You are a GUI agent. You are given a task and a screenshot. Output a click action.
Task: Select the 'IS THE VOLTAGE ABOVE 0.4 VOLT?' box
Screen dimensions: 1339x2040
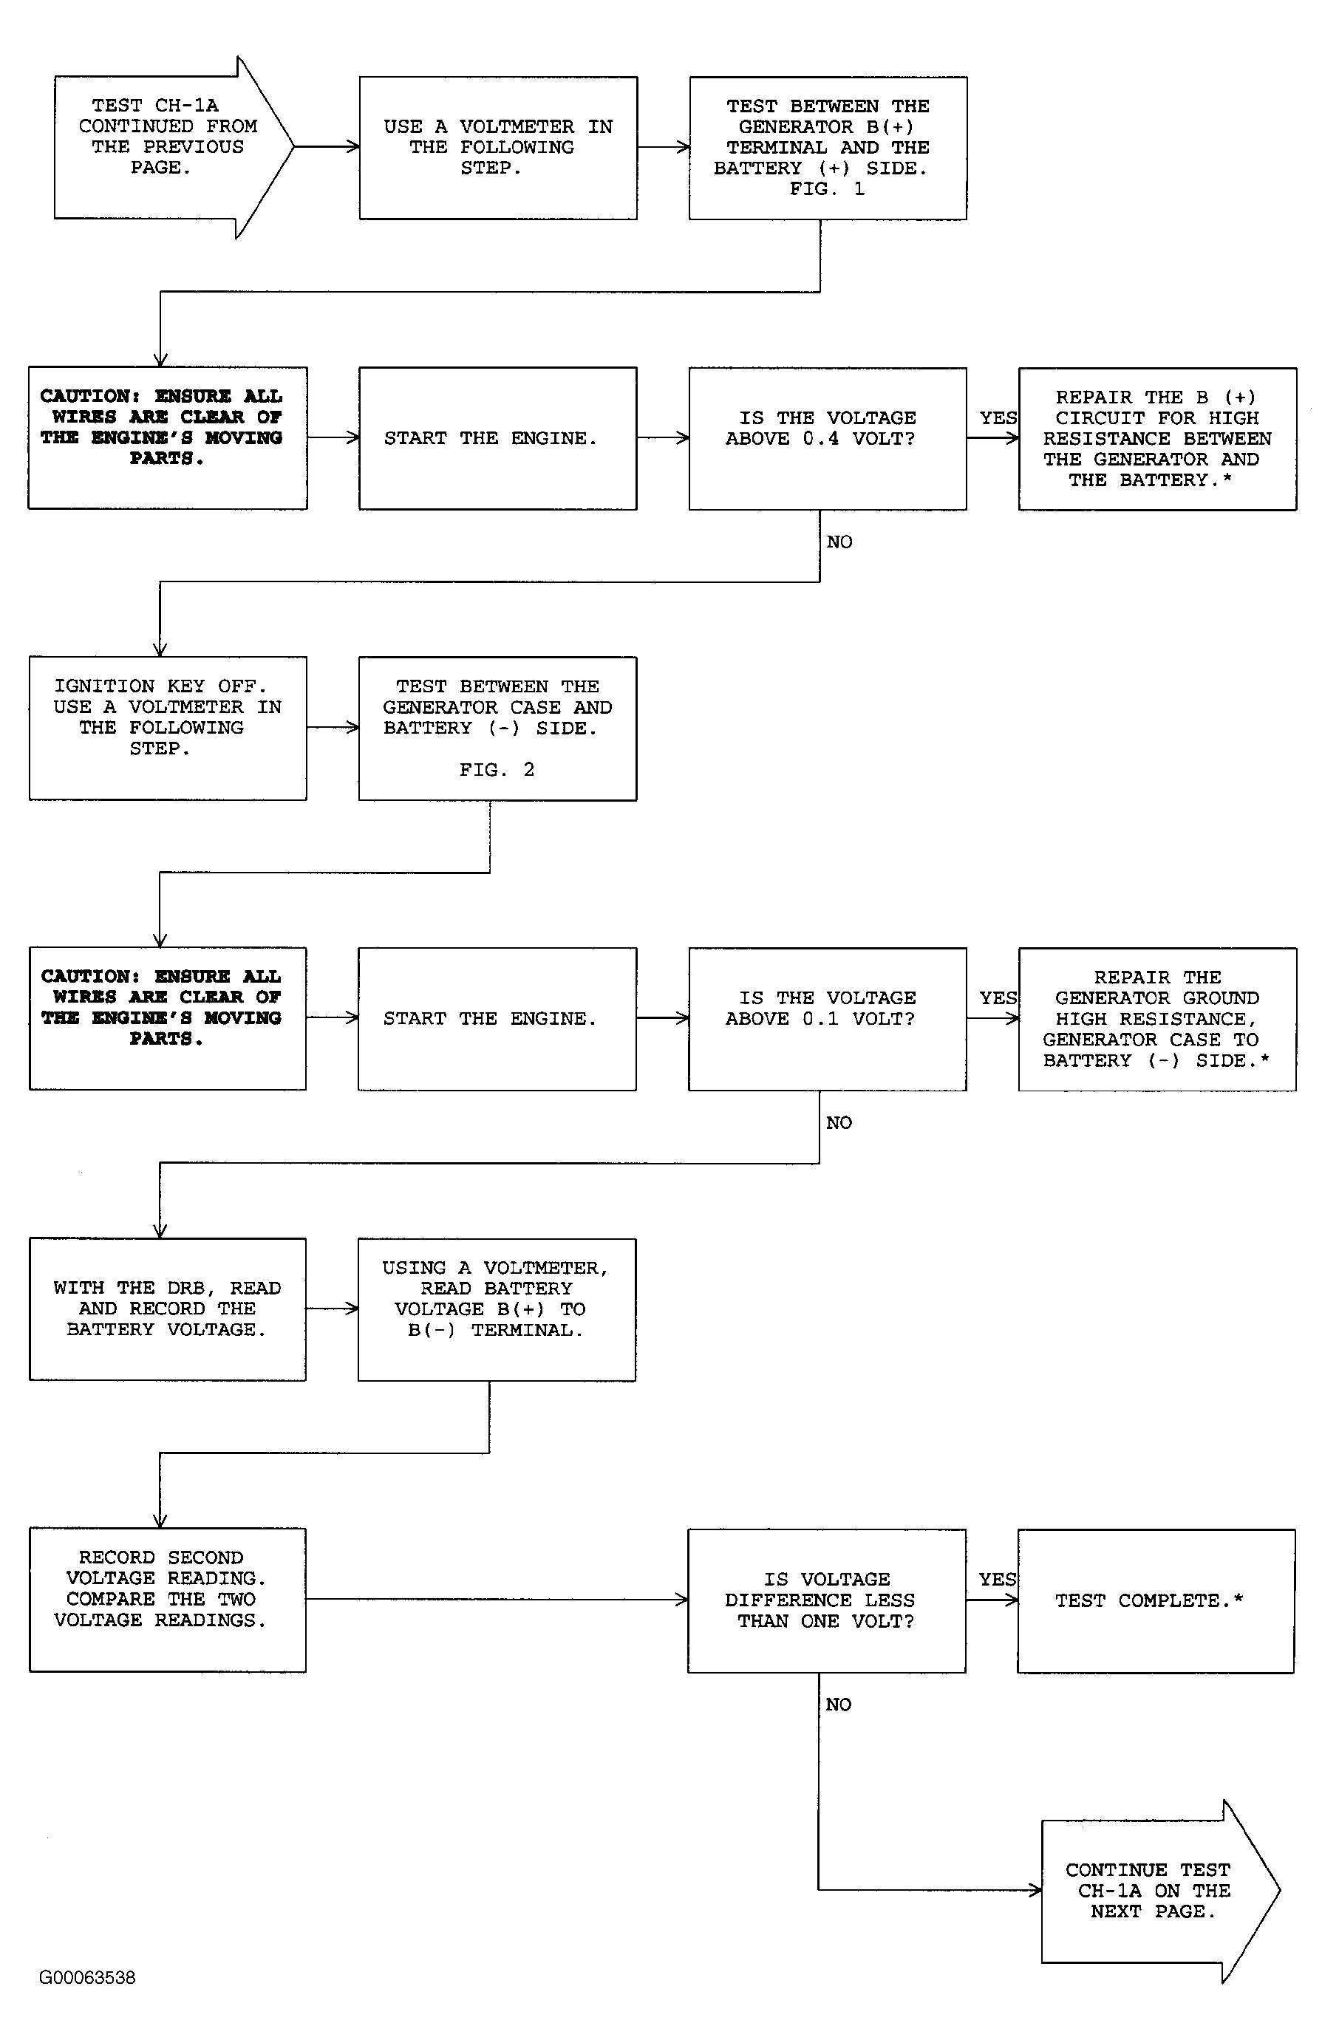pyautogui.click(x=827, y=439)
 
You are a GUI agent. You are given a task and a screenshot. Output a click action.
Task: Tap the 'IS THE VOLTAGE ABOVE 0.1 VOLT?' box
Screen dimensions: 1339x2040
pyautogui.click(x=827, y=1019)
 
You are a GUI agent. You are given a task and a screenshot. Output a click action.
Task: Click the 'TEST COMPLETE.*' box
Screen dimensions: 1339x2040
pyautogui.click(x=1156, y=1600)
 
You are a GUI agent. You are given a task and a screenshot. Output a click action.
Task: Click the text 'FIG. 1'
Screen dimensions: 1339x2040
pyautogui.click(x=827, y=189)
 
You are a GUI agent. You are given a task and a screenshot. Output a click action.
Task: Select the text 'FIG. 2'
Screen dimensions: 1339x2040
pyautogui.click(x=497, y=770)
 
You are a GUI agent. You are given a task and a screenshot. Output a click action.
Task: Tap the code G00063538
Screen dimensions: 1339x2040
pyautogui.click(x=87, y=1977)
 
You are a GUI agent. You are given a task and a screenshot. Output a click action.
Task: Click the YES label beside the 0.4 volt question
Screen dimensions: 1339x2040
pyautogui.click(x=998, y=418)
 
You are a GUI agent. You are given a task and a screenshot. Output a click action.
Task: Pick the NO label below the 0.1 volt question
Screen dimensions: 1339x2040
pyautogui.click(x=839, y=1123)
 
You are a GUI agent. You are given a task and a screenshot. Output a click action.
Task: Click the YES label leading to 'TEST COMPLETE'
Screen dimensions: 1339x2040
pyautogui.click(x=998, y=1579)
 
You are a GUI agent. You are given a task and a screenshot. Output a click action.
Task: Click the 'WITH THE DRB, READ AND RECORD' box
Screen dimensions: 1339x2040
pyautogui.click(x=168, y=1309)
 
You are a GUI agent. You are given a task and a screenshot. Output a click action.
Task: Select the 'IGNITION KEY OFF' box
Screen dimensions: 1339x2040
pyautogui.click(x=168, y=729)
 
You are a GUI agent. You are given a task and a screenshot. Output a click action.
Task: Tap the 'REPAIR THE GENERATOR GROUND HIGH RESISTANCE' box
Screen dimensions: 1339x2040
pyautogui.click(x=1157, y=1019)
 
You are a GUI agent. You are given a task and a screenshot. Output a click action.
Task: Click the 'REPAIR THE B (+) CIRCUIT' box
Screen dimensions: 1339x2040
pyautogui.click(x=1157, y=439)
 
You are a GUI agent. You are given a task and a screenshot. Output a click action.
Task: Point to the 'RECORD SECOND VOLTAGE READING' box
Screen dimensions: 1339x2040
pyautogui.click(x=168, y=1600)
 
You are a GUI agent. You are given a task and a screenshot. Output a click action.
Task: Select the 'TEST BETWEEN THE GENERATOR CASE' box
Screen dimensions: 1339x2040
pyautogui.click(x=497, y=729)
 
